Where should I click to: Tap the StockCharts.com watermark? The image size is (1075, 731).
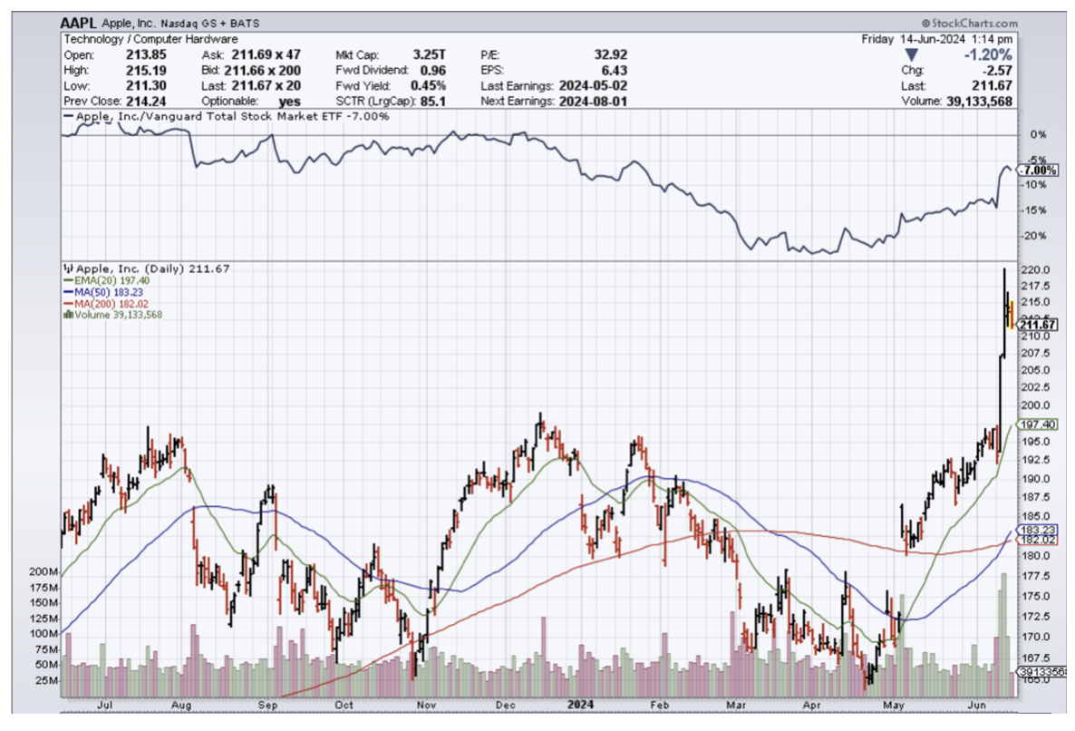(969, 24)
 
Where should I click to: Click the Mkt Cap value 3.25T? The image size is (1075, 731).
(430, 54)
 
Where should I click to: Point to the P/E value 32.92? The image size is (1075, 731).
(608, 54)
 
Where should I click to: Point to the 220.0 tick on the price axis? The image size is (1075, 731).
(1034, 270)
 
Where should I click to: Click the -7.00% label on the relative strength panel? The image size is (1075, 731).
(1036, 171)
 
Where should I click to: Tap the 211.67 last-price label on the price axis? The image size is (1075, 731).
(1038, 324)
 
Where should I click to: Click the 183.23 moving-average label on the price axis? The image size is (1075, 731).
(1038, 529)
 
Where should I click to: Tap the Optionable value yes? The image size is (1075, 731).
(265, 101)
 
